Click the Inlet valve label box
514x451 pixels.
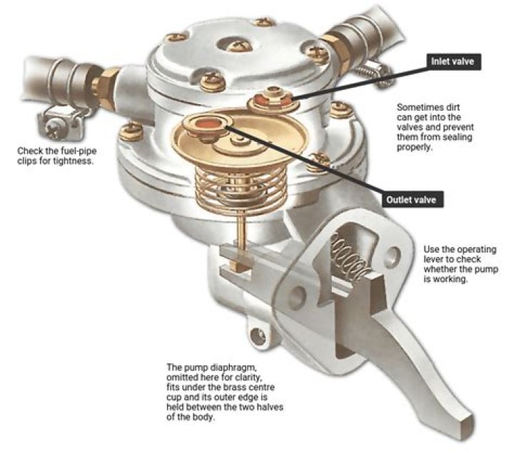(453, 61)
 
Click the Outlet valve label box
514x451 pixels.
(412, 200)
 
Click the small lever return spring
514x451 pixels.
(350, 258)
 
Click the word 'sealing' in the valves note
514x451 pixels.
(458, 137)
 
